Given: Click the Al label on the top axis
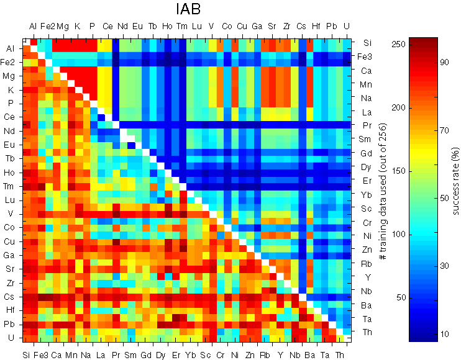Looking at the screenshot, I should pos(32,26).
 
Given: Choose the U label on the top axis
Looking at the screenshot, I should pos(346,26).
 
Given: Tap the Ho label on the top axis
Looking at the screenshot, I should pos(167,26).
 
